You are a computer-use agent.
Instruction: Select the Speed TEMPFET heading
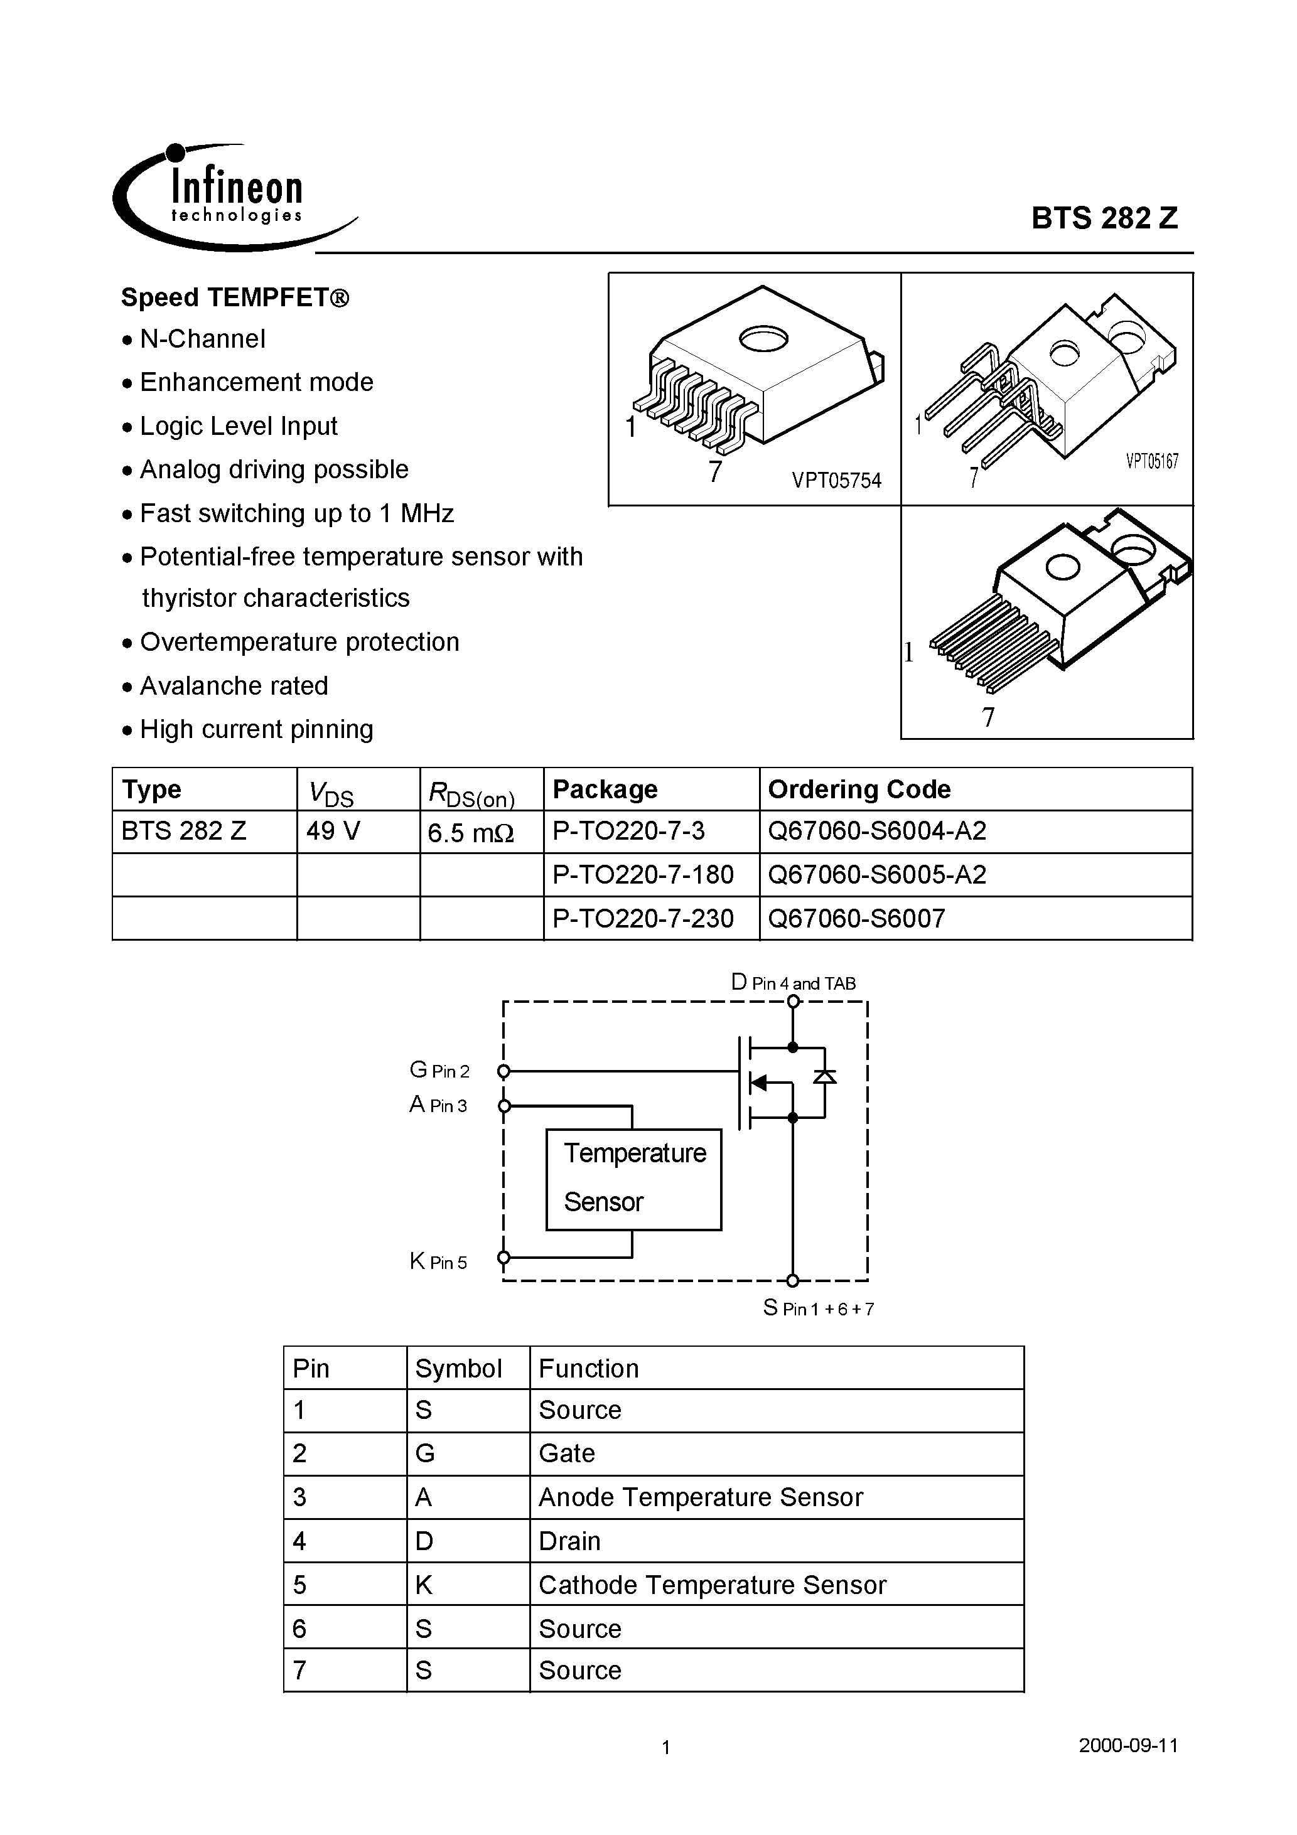pyautogui.click(x=235, y=297)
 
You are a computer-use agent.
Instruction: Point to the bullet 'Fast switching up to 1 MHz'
pyautogui.click(x=296, y=513)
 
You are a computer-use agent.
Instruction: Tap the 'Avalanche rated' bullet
pyautogui.click(x=234, y=686)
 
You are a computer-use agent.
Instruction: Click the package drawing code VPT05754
pyautogui.click(x=836, y=480)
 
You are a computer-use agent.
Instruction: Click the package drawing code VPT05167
pyautogui.click(x=1151, y=461)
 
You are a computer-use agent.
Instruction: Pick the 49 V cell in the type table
pyautogui.click(x=333, y=831)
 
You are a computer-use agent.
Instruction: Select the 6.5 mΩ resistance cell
pyautogui.click(x=470, y=833)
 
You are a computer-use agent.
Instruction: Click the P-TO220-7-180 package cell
pyautogui.click(x=643, y=875)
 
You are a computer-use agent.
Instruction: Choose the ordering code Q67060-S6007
pyautogui.click(x=856, y=918)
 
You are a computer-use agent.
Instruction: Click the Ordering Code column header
pyautogui.click(x=859, y=789)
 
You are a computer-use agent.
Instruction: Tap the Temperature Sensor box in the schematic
pyautogui.click(x=633, y=1179)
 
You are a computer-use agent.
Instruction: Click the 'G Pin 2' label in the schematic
pyautogui.click(x=439, y=1070)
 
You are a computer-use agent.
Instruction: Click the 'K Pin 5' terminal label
pyautogui.click(x=438, y=1262)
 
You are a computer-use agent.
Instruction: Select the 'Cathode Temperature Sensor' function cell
pyautogui.click(x=712, y=1585)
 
